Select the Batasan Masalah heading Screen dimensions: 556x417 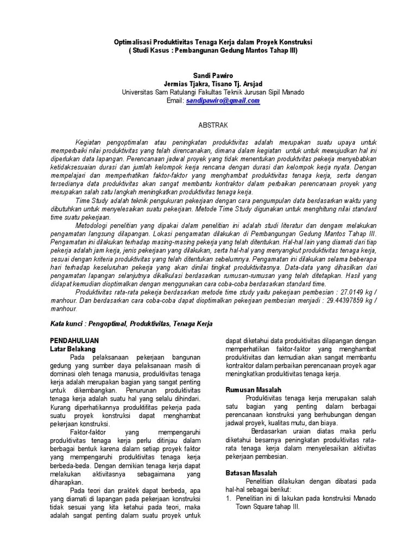[x=251, y=473]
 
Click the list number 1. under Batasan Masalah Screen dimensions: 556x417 [x=228, y=498]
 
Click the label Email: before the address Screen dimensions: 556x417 [x=175, y=100]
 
